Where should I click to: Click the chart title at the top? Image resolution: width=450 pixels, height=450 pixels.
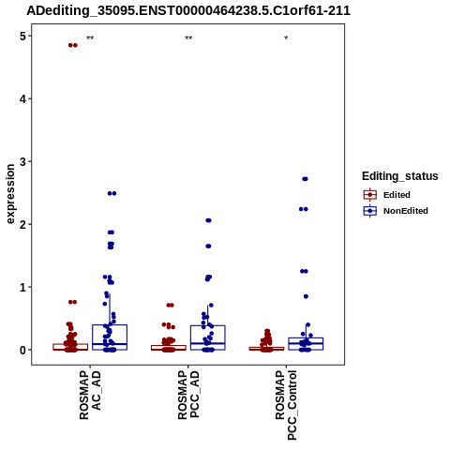point(188,11)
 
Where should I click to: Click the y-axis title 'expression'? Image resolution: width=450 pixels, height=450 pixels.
point(10,194)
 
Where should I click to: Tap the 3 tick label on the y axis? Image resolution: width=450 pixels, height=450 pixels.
point(22,162)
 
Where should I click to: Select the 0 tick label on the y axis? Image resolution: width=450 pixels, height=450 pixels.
point(22,351)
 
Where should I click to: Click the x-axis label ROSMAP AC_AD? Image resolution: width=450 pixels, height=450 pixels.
point(90,395)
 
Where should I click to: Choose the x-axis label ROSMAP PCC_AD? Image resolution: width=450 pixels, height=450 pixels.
point(188,395)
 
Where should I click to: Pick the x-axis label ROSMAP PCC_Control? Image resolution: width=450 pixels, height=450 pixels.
point(286,405)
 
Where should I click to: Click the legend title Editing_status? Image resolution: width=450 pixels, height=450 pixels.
point(400,176)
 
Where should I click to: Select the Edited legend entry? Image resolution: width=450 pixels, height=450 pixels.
point(386,195)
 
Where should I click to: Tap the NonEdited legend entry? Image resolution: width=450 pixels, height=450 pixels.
point(396,211)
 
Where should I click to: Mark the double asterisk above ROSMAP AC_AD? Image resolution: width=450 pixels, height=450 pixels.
point(90,38)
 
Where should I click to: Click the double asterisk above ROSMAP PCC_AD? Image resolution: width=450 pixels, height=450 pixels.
point(188,38)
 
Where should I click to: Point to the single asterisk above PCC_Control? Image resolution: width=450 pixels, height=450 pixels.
point(286,38)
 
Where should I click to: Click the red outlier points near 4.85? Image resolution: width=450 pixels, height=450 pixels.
point(73,45)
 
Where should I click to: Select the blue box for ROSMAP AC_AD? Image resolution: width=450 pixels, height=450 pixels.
point(110,337)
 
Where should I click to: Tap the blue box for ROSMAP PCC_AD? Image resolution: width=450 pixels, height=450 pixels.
point(208,337)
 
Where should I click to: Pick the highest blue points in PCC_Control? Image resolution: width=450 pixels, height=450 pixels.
point(306,179)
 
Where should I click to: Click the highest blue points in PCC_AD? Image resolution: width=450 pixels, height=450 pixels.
point(208,220)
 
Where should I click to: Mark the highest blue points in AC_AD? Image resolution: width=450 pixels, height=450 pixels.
point(112,193)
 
